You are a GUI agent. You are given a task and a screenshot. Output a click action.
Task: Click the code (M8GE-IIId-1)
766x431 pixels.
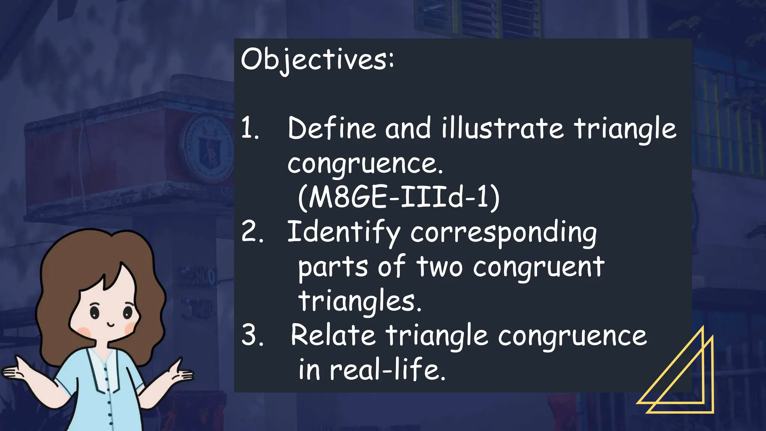click(399, 197)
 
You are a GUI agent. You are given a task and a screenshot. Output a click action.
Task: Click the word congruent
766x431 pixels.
click(539, 267)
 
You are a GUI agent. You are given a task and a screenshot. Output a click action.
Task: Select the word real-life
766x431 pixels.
click(387, 370)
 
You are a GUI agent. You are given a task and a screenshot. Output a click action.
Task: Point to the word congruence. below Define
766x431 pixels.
click(365, 164)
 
